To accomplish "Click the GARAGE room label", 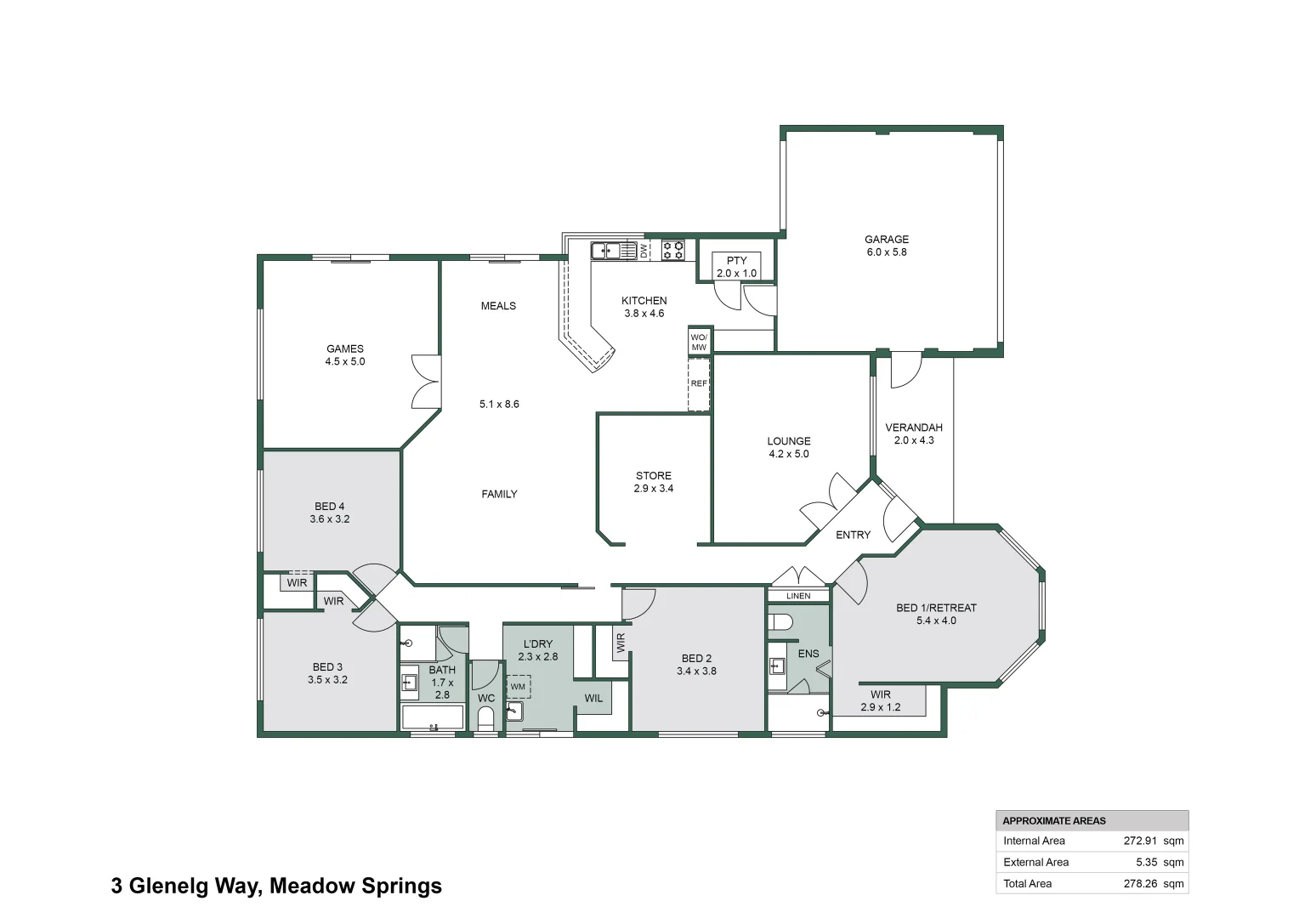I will point(887,240).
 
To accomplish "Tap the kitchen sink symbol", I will point(613,251).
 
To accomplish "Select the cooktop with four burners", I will point(673,250).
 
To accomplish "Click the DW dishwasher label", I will point(644,251).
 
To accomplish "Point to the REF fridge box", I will point(699,384).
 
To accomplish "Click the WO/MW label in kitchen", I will point(699,342).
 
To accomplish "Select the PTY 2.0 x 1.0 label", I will point(736,267).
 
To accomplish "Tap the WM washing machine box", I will point(519,687).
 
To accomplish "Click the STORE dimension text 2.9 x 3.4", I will point(653,489).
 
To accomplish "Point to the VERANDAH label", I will point(914,428).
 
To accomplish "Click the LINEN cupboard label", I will point(798,596).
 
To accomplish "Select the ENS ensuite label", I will point(808,654).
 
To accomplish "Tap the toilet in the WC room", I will point(486,720).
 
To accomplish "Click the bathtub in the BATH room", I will point(433,717).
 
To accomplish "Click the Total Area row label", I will point(1027,883).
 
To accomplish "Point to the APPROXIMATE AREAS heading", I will point(1054,820).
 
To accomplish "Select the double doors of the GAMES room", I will point(425,382).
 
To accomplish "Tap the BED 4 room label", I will point(330,507).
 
